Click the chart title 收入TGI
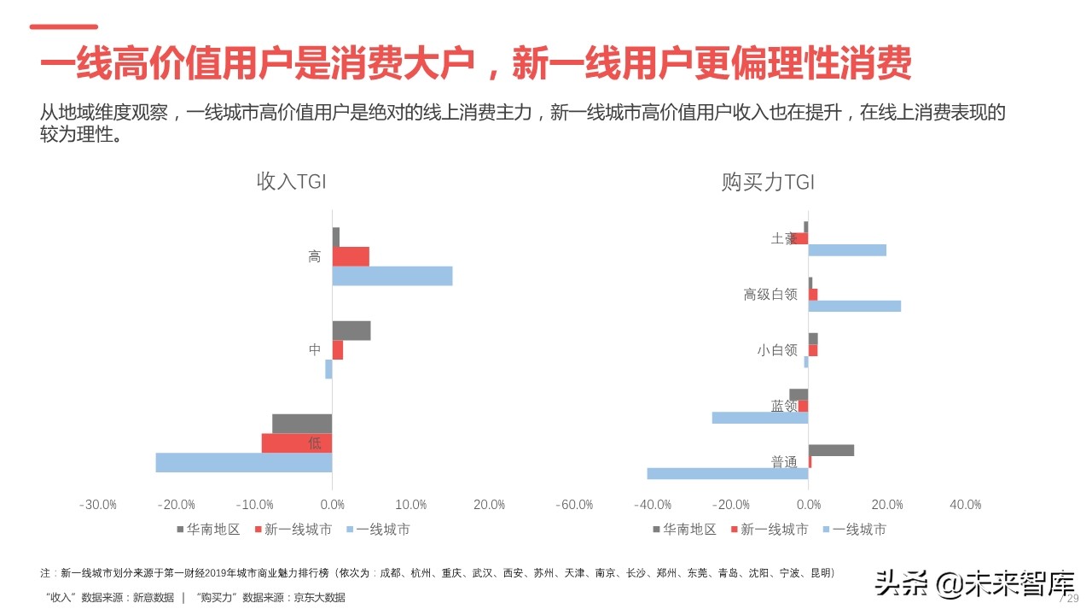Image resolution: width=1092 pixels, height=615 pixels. (x=291, y=182)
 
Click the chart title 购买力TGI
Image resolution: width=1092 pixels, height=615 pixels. (x=768, y=182)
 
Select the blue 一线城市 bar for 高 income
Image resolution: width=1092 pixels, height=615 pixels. (x=392, y=276)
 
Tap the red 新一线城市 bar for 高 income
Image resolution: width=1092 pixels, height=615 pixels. (x=351, y=256)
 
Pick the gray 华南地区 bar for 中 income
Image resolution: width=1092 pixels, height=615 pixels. (x=351, y=331)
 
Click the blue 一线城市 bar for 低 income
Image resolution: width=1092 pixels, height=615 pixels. (x=244, y=462)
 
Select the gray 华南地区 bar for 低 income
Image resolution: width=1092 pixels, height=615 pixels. (x=302, y=424)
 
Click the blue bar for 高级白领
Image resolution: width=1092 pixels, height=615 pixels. (x=854, y=306)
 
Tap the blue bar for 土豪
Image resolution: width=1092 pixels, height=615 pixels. (x=847, y=250)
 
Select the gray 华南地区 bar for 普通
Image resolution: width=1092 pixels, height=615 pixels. (x=831, y=450)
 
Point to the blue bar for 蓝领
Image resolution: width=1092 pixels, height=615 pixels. (x=760, y=418)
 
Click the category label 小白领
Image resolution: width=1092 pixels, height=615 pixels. (x=776, y=350)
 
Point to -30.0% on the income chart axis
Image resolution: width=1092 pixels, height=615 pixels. (x=97, y=505)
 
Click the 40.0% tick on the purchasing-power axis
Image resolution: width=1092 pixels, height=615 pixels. (x=965, y=505)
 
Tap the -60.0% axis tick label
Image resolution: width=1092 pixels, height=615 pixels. (x=574, y=505)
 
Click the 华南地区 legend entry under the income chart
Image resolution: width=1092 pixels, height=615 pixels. (x=208, y=530)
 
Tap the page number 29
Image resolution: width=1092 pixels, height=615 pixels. (x=1072, y=598)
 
